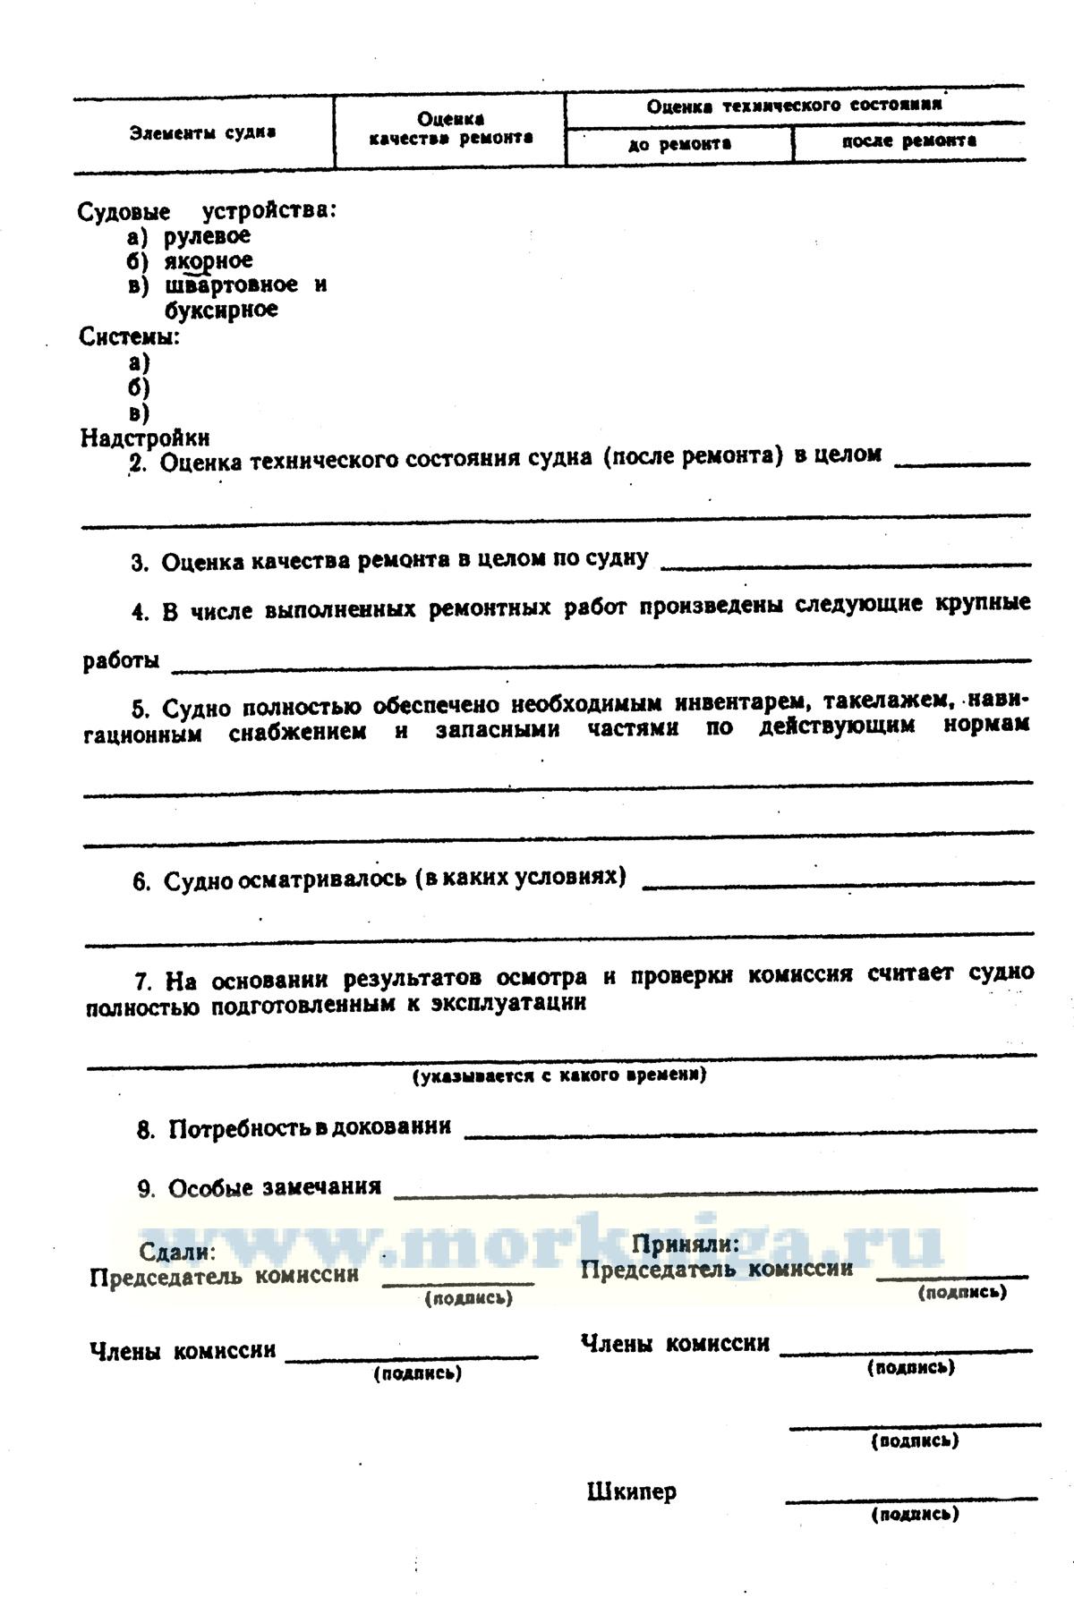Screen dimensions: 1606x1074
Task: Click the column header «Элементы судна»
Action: pyautogui.click(x=202, y=133)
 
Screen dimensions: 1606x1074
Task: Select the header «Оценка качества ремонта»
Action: pyautogui.click(x=450, y=129)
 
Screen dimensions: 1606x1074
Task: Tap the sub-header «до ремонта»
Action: pyautogui.click(x=679, y=144)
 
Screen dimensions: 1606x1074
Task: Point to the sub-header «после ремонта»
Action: pyautogui.click(x=908, y=141)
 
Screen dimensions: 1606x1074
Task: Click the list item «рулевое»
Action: pyautogui.click(x=207, y=236)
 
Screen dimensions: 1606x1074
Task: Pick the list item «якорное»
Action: pyautogui.click(x=208, y=261)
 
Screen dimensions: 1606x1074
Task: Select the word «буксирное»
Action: pyautogui.click(x=221, y=310)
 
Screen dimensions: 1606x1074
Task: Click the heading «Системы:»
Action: pyautogui.click(x=130, y=337)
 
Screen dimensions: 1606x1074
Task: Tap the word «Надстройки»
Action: pyautogui.click(x=145, y=438)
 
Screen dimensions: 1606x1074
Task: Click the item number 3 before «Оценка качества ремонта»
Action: pyautogui.click(x=139, y=564)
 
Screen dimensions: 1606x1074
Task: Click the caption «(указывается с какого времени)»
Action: pyautogui.click(x=559, y=1075)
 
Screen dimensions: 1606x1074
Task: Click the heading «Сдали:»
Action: pyautogui.click(x=177, y=1252)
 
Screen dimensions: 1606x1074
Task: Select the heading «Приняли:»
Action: pyautogui.click(x=686, y=1245)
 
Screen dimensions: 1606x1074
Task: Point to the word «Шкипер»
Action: pyautogui.click(x=632, y=1491)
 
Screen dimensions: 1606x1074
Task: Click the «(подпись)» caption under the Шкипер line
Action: pyautogui.click(x=914, y=1515)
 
